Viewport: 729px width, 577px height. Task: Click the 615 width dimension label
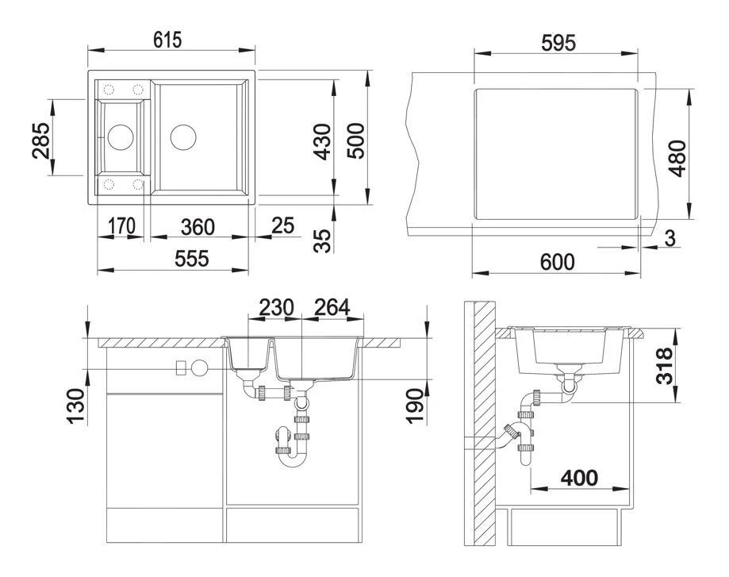pyautogui.click(x=168, y=39)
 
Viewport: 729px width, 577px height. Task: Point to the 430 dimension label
pyautogui.click(x=323, y=139)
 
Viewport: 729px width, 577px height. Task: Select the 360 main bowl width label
pyautogui.click(x=197, y=226)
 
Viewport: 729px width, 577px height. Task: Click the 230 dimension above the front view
pyautogui.click(x=274, y=306)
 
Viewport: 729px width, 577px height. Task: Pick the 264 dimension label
pyautogui.click(x=331, y=306)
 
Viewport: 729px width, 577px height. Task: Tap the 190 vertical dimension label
pyautogui.click(x=410, y=406)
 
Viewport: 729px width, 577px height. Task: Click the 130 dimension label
pyautogui.click(x=75, y=406)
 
